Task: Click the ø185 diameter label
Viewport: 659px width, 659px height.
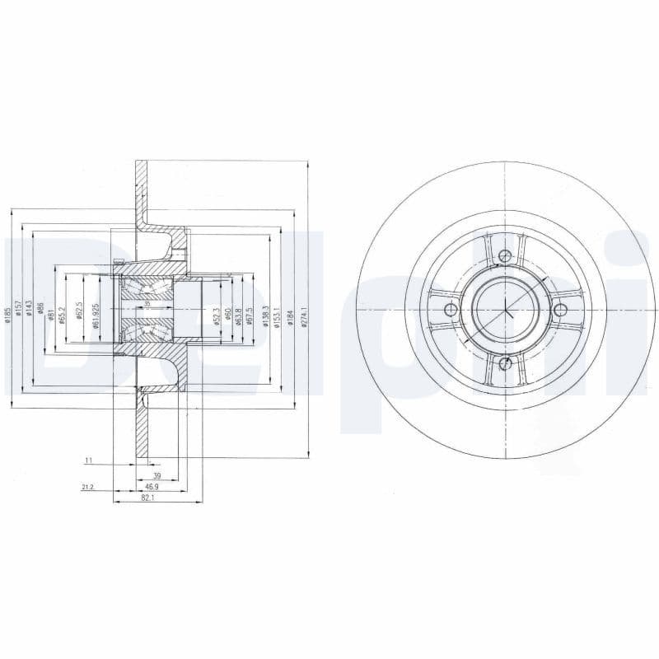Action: (8, 315)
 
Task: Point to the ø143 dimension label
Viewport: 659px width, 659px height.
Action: (29, 307)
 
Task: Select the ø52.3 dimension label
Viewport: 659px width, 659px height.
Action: (216, 317)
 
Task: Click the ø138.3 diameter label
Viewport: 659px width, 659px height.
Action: (265, 316)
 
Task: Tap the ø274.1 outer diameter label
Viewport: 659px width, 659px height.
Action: (303, 317)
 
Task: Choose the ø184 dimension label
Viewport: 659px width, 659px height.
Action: (290, 317)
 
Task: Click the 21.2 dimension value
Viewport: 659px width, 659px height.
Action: (87, 488)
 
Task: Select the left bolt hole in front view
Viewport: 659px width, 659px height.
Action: (450, 310)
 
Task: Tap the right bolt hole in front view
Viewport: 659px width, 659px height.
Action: (561, 310)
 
